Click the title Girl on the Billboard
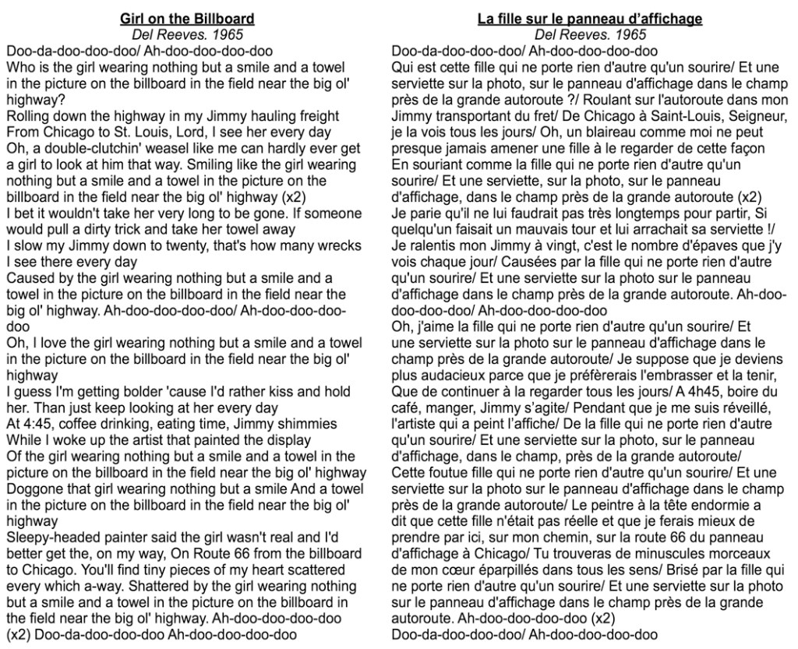coord(187,19)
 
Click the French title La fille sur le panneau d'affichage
coord(590,19)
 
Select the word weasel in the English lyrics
coord(157,149)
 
